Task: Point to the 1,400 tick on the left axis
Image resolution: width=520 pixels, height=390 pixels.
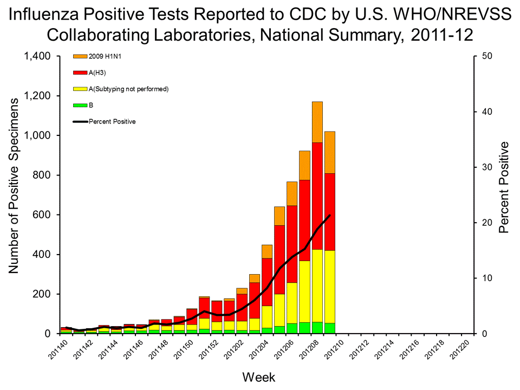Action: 37,56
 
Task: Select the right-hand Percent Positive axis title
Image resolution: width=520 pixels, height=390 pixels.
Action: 504,187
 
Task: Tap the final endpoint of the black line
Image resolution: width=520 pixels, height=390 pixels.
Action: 330,215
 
